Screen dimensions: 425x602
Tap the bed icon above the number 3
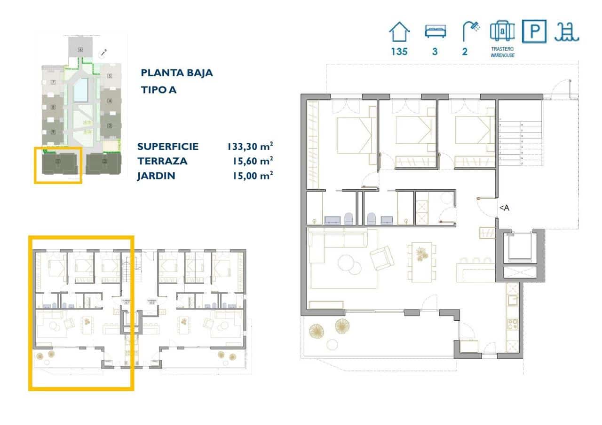[x=435, y=31]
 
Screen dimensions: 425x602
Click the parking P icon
[x=534, y=31]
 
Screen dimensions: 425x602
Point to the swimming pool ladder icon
[x=567, y=32]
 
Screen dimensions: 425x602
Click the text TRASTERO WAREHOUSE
[x=502, y=52]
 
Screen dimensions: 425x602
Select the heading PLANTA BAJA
[x=177, y=73]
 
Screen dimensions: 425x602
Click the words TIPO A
[x=158, y=90]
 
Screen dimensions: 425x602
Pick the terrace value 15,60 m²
[x=253, y=161]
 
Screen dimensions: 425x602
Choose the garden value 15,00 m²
[x=253, y=176]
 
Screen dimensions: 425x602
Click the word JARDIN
[x=156, y=176]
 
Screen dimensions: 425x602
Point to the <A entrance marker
[x=504, y=208]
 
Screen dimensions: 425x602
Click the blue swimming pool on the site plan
[x=81, y=90]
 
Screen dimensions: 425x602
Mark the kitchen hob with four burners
[x=512, y=324]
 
